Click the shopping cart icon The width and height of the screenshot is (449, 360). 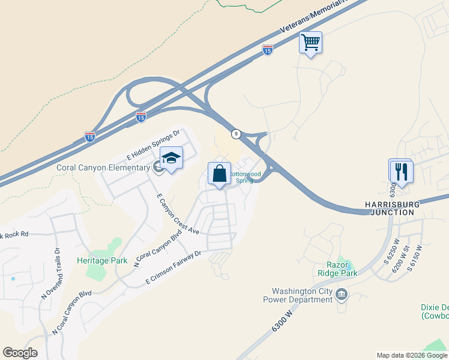click(310, 43)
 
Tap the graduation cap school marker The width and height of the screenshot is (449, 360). click(171, 158)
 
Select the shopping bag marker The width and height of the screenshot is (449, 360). click(219, 173)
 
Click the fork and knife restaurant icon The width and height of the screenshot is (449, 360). click(400, 171)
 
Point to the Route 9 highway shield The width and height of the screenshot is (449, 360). click(237, 134)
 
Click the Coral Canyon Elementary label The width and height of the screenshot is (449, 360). click(103, 167)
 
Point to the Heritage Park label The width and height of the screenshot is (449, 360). click(102, 260)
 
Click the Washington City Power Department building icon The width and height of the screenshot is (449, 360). click(342, 294)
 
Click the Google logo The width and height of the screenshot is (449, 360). click(20, 353)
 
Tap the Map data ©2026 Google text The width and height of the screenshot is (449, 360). click(411, 355)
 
